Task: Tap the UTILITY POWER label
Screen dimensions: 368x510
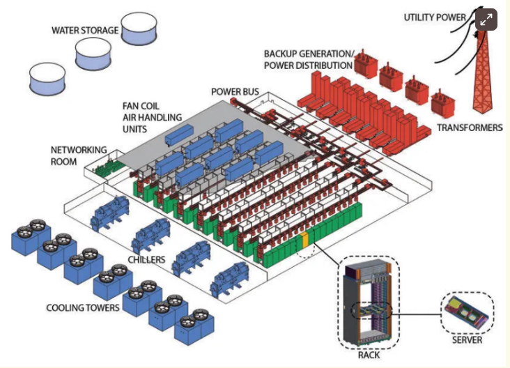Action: pyautogui.click(x=435, y=17)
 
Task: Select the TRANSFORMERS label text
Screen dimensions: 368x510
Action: pyautogui.click(x=470, y=128)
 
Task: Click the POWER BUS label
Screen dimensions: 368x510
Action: pyautogui.click(x=234, y=92)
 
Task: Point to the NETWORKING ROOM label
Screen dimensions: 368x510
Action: pyautogui.click(x=79, y=155)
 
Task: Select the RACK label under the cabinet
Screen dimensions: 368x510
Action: pyautogui.click(x=366, y=353)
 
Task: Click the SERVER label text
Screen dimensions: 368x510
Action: pyautogui.click(x=466, y=340)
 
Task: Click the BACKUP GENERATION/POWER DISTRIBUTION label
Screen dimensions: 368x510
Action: pyautogui.click(x=308, y=59)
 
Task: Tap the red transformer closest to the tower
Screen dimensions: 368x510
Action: pyautogui.click(x=442, y=105)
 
